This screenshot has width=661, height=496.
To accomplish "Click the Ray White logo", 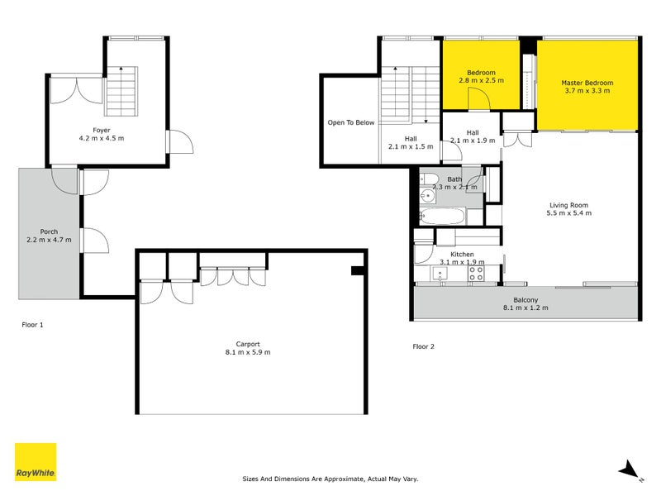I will (x=36, y=462).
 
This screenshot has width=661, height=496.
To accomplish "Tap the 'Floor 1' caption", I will (x=32, y=325).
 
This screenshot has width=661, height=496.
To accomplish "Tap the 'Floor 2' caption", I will (x=424, y=346).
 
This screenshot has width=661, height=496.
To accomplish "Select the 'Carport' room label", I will (x=248, y=344).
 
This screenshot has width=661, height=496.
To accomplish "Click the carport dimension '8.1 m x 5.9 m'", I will (x=248, y=352).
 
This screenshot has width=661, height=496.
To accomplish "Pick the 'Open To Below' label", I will (x=350, y=122).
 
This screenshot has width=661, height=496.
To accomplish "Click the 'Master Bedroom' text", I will (x=587, y=83).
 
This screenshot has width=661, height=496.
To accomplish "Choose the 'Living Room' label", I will (x=568, y=205).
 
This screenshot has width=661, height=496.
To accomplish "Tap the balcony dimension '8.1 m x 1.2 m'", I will (x=526, y=308).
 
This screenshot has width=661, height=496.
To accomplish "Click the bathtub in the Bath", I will (x=443, y=217).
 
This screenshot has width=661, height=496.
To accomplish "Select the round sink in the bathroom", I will (x=427, y=197).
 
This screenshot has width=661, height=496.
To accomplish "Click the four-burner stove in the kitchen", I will (x=477, y=274).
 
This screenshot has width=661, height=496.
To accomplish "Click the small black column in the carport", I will (x=356, y=270).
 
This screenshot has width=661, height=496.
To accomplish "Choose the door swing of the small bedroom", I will (x=477, y=99).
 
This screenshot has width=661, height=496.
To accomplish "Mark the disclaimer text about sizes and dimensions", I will (x=330, y=479).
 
